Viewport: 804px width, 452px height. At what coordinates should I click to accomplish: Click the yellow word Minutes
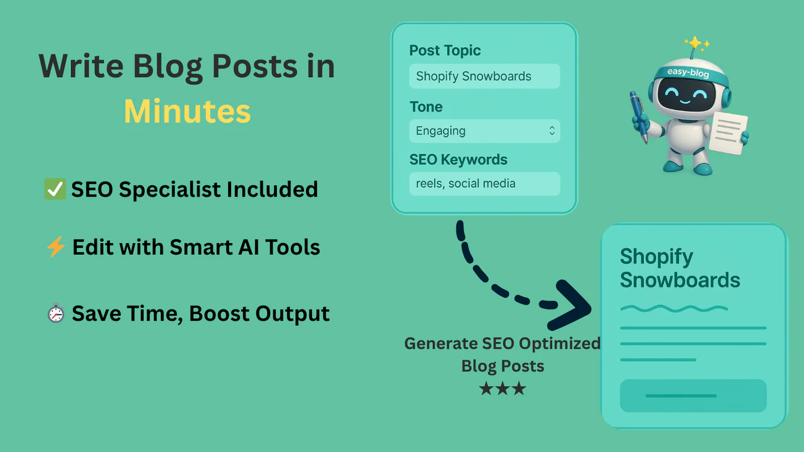pos(187,112)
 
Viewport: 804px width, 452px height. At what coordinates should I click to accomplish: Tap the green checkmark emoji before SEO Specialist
pos(55,189)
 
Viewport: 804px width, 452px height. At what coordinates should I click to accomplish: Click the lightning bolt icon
pos(56,247)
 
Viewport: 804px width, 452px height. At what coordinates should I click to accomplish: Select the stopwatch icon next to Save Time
pos(56,313)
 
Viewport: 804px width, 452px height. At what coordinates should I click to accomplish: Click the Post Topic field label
pos(445,51)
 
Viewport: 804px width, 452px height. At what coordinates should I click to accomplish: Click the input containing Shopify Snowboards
pos(484,77)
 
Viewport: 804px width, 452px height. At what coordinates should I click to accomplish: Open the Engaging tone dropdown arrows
pos(551,131)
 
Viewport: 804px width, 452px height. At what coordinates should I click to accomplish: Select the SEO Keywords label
pos(458,160)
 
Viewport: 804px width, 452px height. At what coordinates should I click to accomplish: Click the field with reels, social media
pos(484,184)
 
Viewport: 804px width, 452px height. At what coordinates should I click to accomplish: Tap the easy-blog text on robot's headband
pos(688,72)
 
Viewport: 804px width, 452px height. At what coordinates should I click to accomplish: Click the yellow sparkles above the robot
pos(697,43)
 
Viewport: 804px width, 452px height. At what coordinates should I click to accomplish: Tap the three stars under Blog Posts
pos(503,389)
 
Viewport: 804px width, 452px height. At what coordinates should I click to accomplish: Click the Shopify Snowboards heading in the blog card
pos(680,268)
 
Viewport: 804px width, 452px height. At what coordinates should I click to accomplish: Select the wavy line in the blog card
pos(673,308)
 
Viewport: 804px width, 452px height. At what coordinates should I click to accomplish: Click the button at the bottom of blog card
pos(693,395)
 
